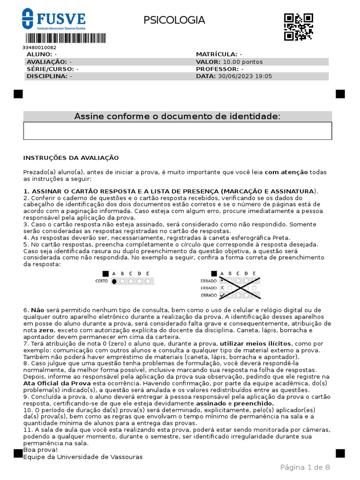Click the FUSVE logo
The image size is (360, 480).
tap(54, 20)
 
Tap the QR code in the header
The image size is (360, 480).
tap(299, 27)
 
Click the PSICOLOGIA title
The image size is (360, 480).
tap(174, 20)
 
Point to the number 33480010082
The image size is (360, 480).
tap(39, 47)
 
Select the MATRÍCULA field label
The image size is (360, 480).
tap(216, 54)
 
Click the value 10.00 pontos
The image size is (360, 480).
tap(243, 61)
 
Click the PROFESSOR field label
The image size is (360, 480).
tap(217, 68)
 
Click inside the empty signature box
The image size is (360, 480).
tap(177, 131)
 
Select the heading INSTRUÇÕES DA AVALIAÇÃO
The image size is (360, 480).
tap(71, 158)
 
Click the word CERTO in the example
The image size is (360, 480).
tap(102, 281)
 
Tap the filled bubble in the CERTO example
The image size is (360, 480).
tap(114, 281)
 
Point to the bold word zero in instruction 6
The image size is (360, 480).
tap(46, 330)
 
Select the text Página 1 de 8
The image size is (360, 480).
tap(305, 467)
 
